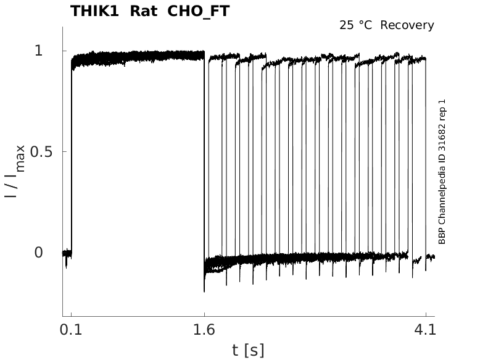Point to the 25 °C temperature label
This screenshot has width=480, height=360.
(357, 25)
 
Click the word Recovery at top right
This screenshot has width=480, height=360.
(407, 25)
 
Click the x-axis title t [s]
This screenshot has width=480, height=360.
(248, 350)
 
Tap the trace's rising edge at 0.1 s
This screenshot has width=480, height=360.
(72, 154)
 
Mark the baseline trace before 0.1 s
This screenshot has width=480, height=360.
(67, 253)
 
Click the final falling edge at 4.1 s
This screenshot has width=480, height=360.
(426, 154)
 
